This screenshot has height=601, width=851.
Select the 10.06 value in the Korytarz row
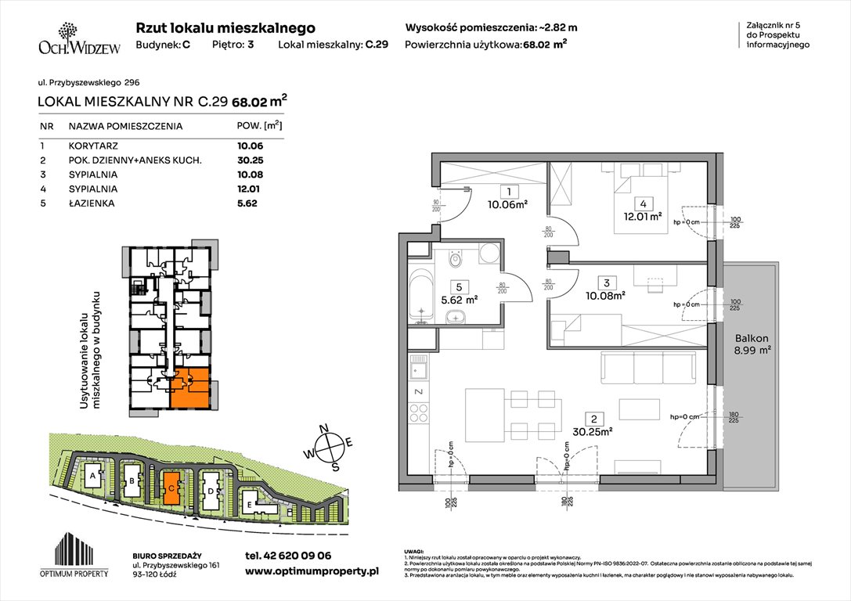click(x=250, y=146)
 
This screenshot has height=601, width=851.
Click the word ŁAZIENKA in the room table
click(x=92, y=203)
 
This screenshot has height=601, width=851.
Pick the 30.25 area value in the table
click(x=250, y=160)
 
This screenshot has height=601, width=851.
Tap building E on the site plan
click(x=250, y=504)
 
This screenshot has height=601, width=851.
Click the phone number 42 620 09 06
click(x=289, y=556)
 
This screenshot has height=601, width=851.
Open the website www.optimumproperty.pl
click(x=312, y=571)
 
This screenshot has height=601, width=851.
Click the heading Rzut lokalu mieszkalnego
click(x=225, y=27)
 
